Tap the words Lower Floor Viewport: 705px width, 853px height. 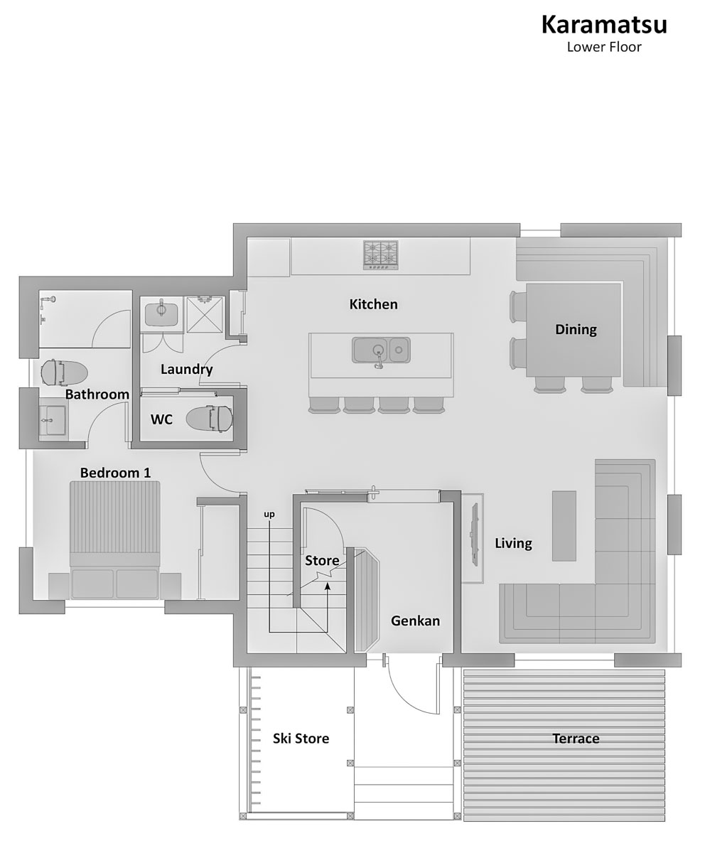coord(604,47)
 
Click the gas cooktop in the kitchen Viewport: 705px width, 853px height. coord(381,255)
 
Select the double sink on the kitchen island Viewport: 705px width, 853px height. coord(381,350)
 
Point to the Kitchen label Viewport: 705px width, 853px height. coord(373,304)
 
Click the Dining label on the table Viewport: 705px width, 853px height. coord(576,330)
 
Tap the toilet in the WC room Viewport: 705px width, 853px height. coord(209,419)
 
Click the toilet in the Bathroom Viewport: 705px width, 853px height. coord(64,372)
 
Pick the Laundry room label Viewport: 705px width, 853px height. coord(187,370)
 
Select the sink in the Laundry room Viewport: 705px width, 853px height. coord(161,313)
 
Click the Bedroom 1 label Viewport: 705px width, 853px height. coord(115,473)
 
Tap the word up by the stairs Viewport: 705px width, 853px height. coord(269,515)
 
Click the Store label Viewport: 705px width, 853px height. coord(322,561)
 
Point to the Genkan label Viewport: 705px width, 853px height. coord(416,621)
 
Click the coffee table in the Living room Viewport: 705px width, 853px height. coord(564,526)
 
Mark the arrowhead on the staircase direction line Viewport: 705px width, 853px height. coord(327,586)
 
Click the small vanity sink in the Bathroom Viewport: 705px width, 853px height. coord(53,420)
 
